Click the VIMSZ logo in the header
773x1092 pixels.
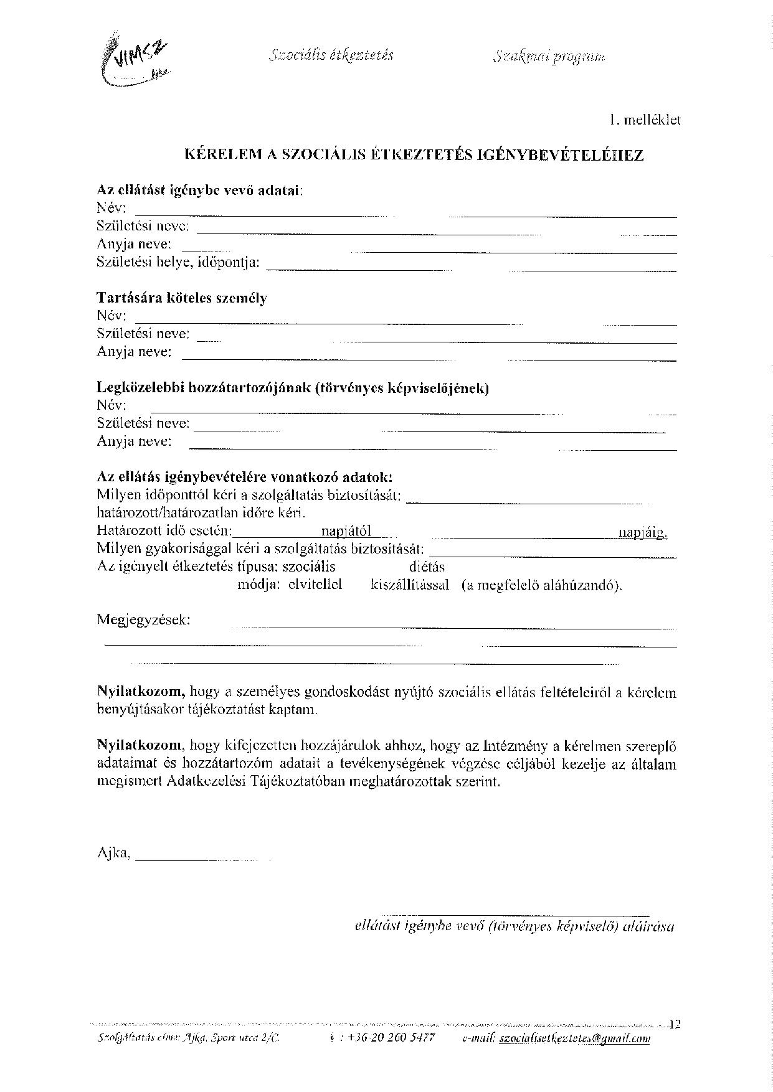tap(134, 59)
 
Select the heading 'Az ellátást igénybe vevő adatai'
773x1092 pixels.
tap(199, 191)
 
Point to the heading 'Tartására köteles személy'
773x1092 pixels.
tap(182, 298)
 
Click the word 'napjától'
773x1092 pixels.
tap(346, 531)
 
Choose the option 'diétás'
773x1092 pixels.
tap(427, 567)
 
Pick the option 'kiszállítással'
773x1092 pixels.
tap(410, 586)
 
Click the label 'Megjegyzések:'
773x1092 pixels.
tap(144, 620)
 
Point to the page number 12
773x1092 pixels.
tap(674, 1024)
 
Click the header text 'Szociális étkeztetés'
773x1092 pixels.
tap(332, 55)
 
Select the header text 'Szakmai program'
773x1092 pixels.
tap(548, 57)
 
